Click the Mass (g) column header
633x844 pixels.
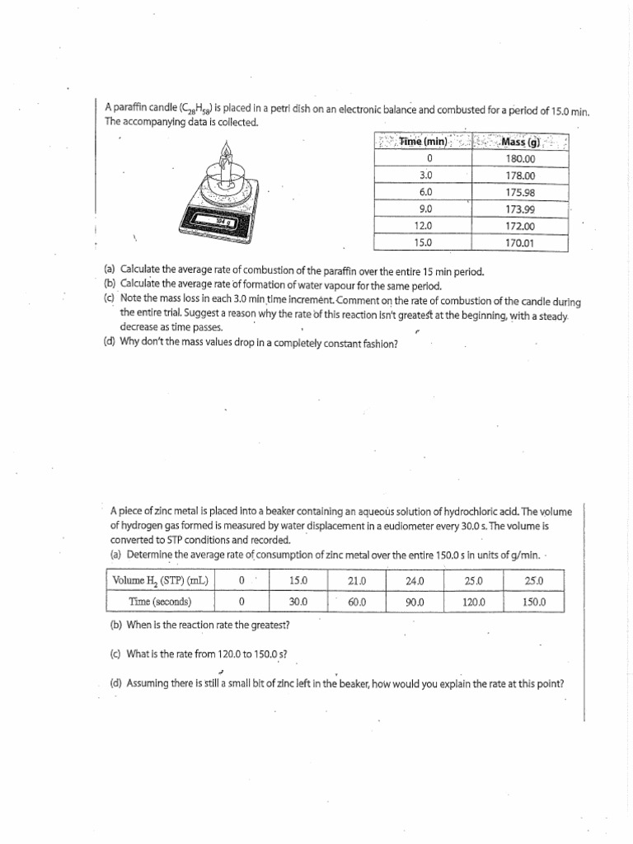tap(520, 142)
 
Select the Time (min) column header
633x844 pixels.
tap(423, 142)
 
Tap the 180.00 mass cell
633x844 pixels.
tap(520, 159)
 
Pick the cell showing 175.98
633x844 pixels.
tap(520, 192)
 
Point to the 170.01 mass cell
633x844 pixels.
tap(520, 242)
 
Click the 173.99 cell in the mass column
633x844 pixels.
tap(520, 209)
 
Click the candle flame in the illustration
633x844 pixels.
tap(225, 152)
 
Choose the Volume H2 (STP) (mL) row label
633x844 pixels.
tap(161, 580)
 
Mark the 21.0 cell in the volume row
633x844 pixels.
tap(357, 580)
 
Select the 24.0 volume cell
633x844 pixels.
tap(415, 580)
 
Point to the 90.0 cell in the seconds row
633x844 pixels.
tap(415, 602)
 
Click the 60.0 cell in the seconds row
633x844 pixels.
tap(357, 602)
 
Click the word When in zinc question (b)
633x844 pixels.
tap(138, 624)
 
